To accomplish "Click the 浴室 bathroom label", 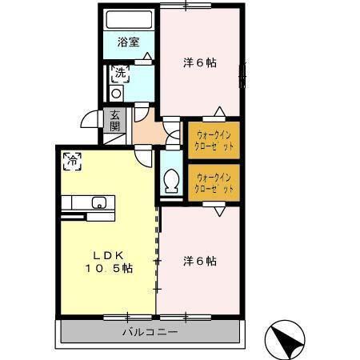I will (129, 42).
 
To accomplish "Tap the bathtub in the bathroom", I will (130, 20).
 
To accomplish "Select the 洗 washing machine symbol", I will (120, 74).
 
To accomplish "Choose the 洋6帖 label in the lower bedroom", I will (200, 260).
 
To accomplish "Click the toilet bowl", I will (170, 183).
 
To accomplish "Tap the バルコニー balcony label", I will (150, 331).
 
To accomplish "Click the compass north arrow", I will (286, 341).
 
